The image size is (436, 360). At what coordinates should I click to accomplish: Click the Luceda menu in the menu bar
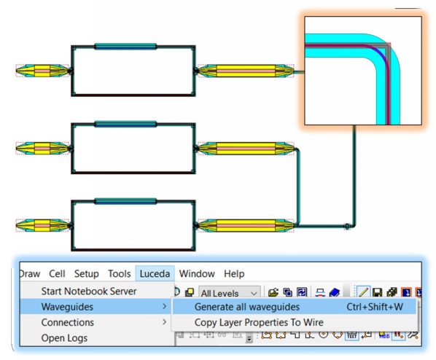click(x=155, y=273)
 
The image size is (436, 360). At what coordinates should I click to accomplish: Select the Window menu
click(x=197, y=273)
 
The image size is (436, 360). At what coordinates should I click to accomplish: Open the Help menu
click(x=234, y=273)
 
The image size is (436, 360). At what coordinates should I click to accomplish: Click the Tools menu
click(x=120, y=273)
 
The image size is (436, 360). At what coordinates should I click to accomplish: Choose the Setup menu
click(x=87, y=273)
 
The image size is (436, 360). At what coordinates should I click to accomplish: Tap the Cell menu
click(x=57, y=273)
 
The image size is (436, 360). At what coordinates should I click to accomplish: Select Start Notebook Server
click(x=89, y=291)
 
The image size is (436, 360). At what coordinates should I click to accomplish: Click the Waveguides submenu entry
click(x=67, y=307)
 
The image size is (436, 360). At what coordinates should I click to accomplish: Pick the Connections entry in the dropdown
click(x=68, y=322)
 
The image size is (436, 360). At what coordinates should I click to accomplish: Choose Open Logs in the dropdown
click(x=64, y=338)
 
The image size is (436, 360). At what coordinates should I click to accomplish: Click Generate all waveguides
click(x=247, y=307)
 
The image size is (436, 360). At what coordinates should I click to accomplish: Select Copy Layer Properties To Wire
click(x=259, y=322)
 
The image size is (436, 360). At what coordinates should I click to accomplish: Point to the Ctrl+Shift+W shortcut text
click(x=375, y=307)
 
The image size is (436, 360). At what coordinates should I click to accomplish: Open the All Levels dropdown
click(x=230, y=293)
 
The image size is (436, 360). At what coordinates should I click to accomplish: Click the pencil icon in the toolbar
click(x=363, y=292)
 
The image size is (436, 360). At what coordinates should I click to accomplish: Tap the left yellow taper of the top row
click(x=43, y=71)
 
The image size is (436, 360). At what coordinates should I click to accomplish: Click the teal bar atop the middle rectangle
click(x=125, y=124)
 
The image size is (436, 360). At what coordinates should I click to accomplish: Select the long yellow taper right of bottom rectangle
click(x=246, y=226)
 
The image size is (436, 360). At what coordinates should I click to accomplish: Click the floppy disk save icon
click(x=377, y=292)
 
